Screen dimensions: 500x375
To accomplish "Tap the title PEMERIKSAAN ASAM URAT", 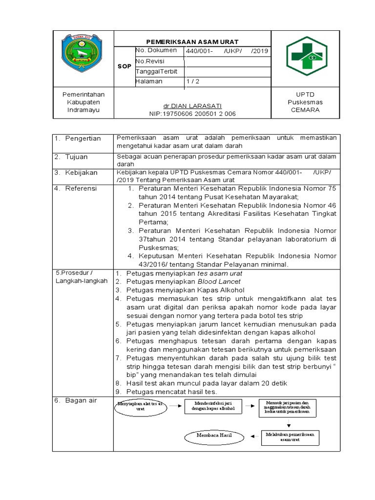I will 192,42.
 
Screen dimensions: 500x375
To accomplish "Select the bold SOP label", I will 125,66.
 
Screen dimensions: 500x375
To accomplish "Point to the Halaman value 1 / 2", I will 192,82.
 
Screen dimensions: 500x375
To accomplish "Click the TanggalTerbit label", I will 156,71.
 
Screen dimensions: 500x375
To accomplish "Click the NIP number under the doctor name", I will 192,114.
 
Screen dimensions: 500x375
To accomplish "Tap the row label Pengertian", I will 83,139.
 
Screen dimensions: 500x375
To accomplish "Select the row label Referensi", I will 81,188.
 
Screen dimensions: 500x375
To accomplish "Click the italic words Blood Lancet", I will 219,282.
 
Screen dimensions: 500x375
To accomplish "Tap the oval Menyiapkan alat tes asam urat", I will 141,406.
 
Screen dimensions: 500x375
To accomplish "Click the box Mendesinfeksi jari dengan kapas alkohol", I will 213,405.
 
